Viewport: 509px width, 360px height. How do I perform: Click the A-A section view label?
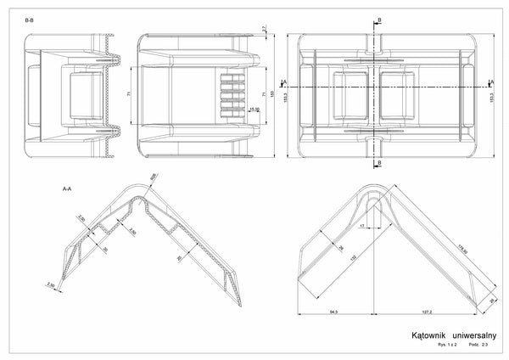tap(67, 187)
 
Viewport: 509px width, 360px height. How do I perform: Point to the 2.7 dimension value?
tap(265, 30)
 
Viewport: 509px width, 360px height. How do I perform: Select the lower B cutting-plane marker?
tap(378, 162)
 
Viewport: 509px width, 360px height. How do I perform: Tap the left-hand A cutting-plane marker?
tap(286, 82)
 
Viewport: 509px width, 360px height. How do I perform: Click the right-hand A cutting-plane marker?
tap(491, 82)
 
